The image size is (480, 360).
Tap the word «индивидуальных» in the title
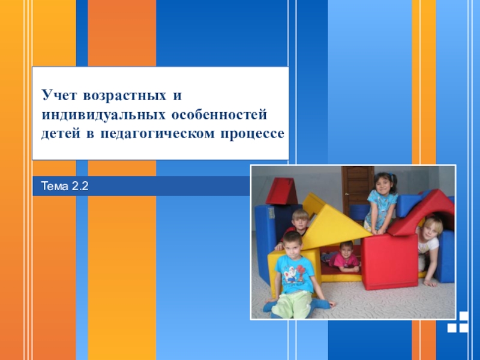pyautogui.click(x=104, y=115)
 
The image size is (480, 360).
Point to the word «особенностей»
pyautogui.click(x=219, y=115)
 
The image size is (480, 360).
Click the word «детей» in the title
pyautogui.click(x=61, y=134)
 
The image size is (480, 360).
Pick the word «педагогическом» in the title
pyautogui.click(x=157, y=134)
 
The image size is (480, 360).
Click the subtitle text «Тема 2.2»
pyautogui.click(x=65, y=186)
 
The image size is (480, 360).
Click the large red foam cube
pyautogui.click(x=389, y=261)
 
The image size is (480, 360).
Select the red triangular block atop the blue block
pyautogui.click(x=281, y=191)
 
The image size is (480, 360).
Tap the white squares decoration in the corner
pyautogui.click(x=458, y=322)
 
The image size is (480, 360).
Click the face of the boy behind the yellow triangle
pyautogui.click(x=300, y=220)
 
